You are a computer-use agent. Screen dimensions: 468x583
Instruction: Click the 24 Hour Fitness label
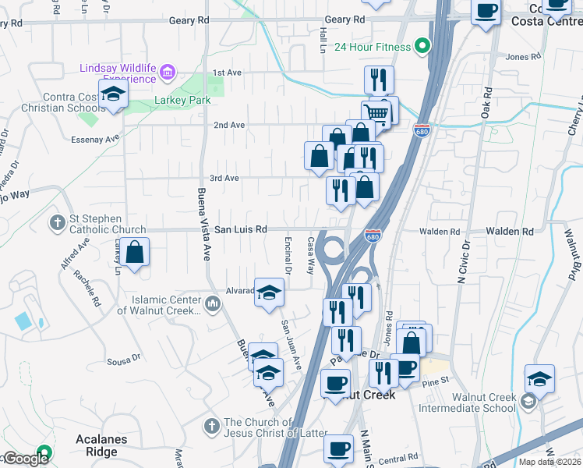pos(373,47)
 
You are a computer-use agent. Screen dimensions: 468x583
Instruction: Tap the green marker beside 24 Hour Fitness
pos(422,47)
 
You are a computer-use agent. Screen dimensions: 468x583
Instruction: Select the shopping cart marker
pos(376,114)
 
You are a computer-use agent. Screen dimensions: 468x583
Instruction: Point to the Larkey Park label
pos(173,100)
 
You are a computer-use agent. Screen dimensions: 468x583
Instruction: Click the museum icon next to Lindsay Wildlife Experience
pos(167,74)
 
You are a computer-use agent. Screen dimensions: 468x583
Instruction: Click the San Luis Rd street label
pos(241,230)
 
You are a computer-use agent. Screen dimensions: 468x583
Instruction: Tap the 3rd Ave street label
pos(225,178)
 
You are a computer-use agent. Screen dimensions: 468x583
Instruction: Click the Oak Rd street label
pos(487,103)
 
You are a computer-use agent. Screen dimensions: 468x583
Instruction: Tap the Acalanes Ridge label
pos(101,440)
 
